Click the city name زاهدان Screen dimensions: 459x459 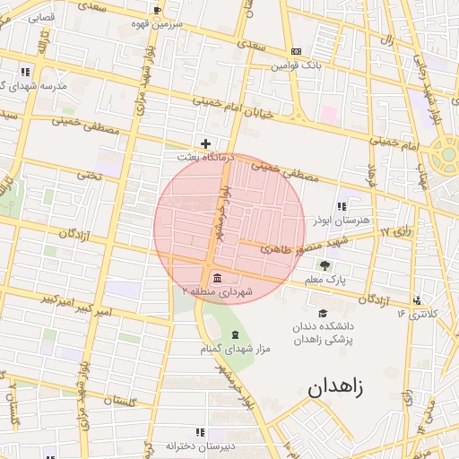[336, 388]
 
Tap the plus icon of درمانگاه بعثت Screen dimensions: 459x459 [206, 143]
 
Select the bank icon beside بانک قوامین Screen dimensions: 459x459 [297, 52]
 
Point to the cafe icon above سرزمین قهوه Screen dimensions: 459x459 [158, 10]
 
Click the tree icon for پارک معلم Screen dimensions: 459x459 [324, 265]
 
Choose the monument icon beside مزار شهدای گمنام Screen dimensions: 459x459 [236, 334]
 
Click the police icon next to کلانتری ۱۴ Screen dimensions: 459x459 [417, 299]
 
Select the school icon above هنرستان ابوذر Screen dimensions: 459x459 [341, 206]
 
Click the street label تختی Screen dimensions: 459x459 [90, 177]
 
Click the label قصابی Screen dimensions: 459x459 [41, 17]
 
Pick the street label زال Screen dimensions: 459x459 [387, 40]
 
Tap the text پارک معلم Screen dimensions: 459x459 [324, 280]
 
